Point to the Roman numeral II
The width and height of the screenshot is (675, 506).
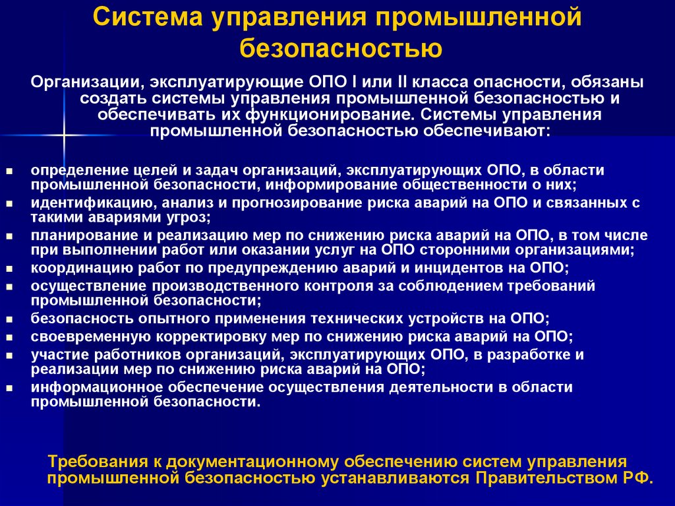pyautogui.click(x=388, y=82)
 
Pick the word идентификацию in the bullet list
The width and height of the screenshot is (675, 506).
pyautogui.click(x=80, y=203)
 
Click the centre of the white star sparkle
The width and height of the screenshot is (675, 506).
pyautogui.click(x=64, y=136)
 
